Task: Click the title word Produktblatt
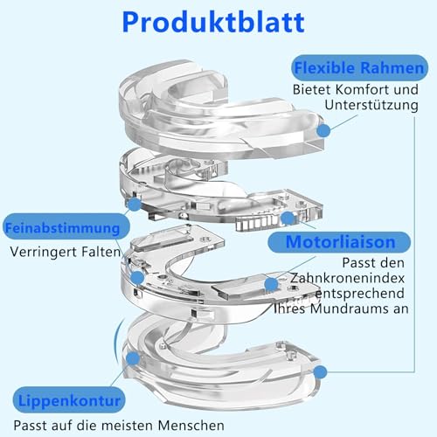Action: pyautogui.click(x=213, y=23)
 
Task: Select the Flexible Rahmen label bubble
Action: pyautogui.click(x=359, y=68)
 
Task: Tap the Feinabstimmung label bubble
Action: pyautogui.click(x=66, y=227)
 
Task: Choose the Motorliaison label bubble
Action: pyautogui.click(x=339, y=242)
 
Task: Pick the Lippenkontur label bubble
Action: pyautogui.click(x=69, y=400)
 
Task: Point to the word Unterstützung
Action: pyautogui.click(x=371, y=105)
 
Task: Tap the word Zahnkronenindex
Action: pyautogui.click(x=347, y=278)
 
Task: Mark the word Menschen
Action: pyautogui.click(x=191, y=426)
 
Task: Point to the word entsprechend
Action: pyautogui.click(x=360, y=294)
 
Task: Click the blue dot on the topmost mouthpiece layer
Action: pyautogui.click(x=323, y=130)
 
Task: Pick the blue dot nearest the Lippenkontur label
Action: pyautogui.click(x=133, y=358)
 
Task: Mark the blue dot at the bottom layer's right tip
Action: pyautogui.click(x=321, y=372)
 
